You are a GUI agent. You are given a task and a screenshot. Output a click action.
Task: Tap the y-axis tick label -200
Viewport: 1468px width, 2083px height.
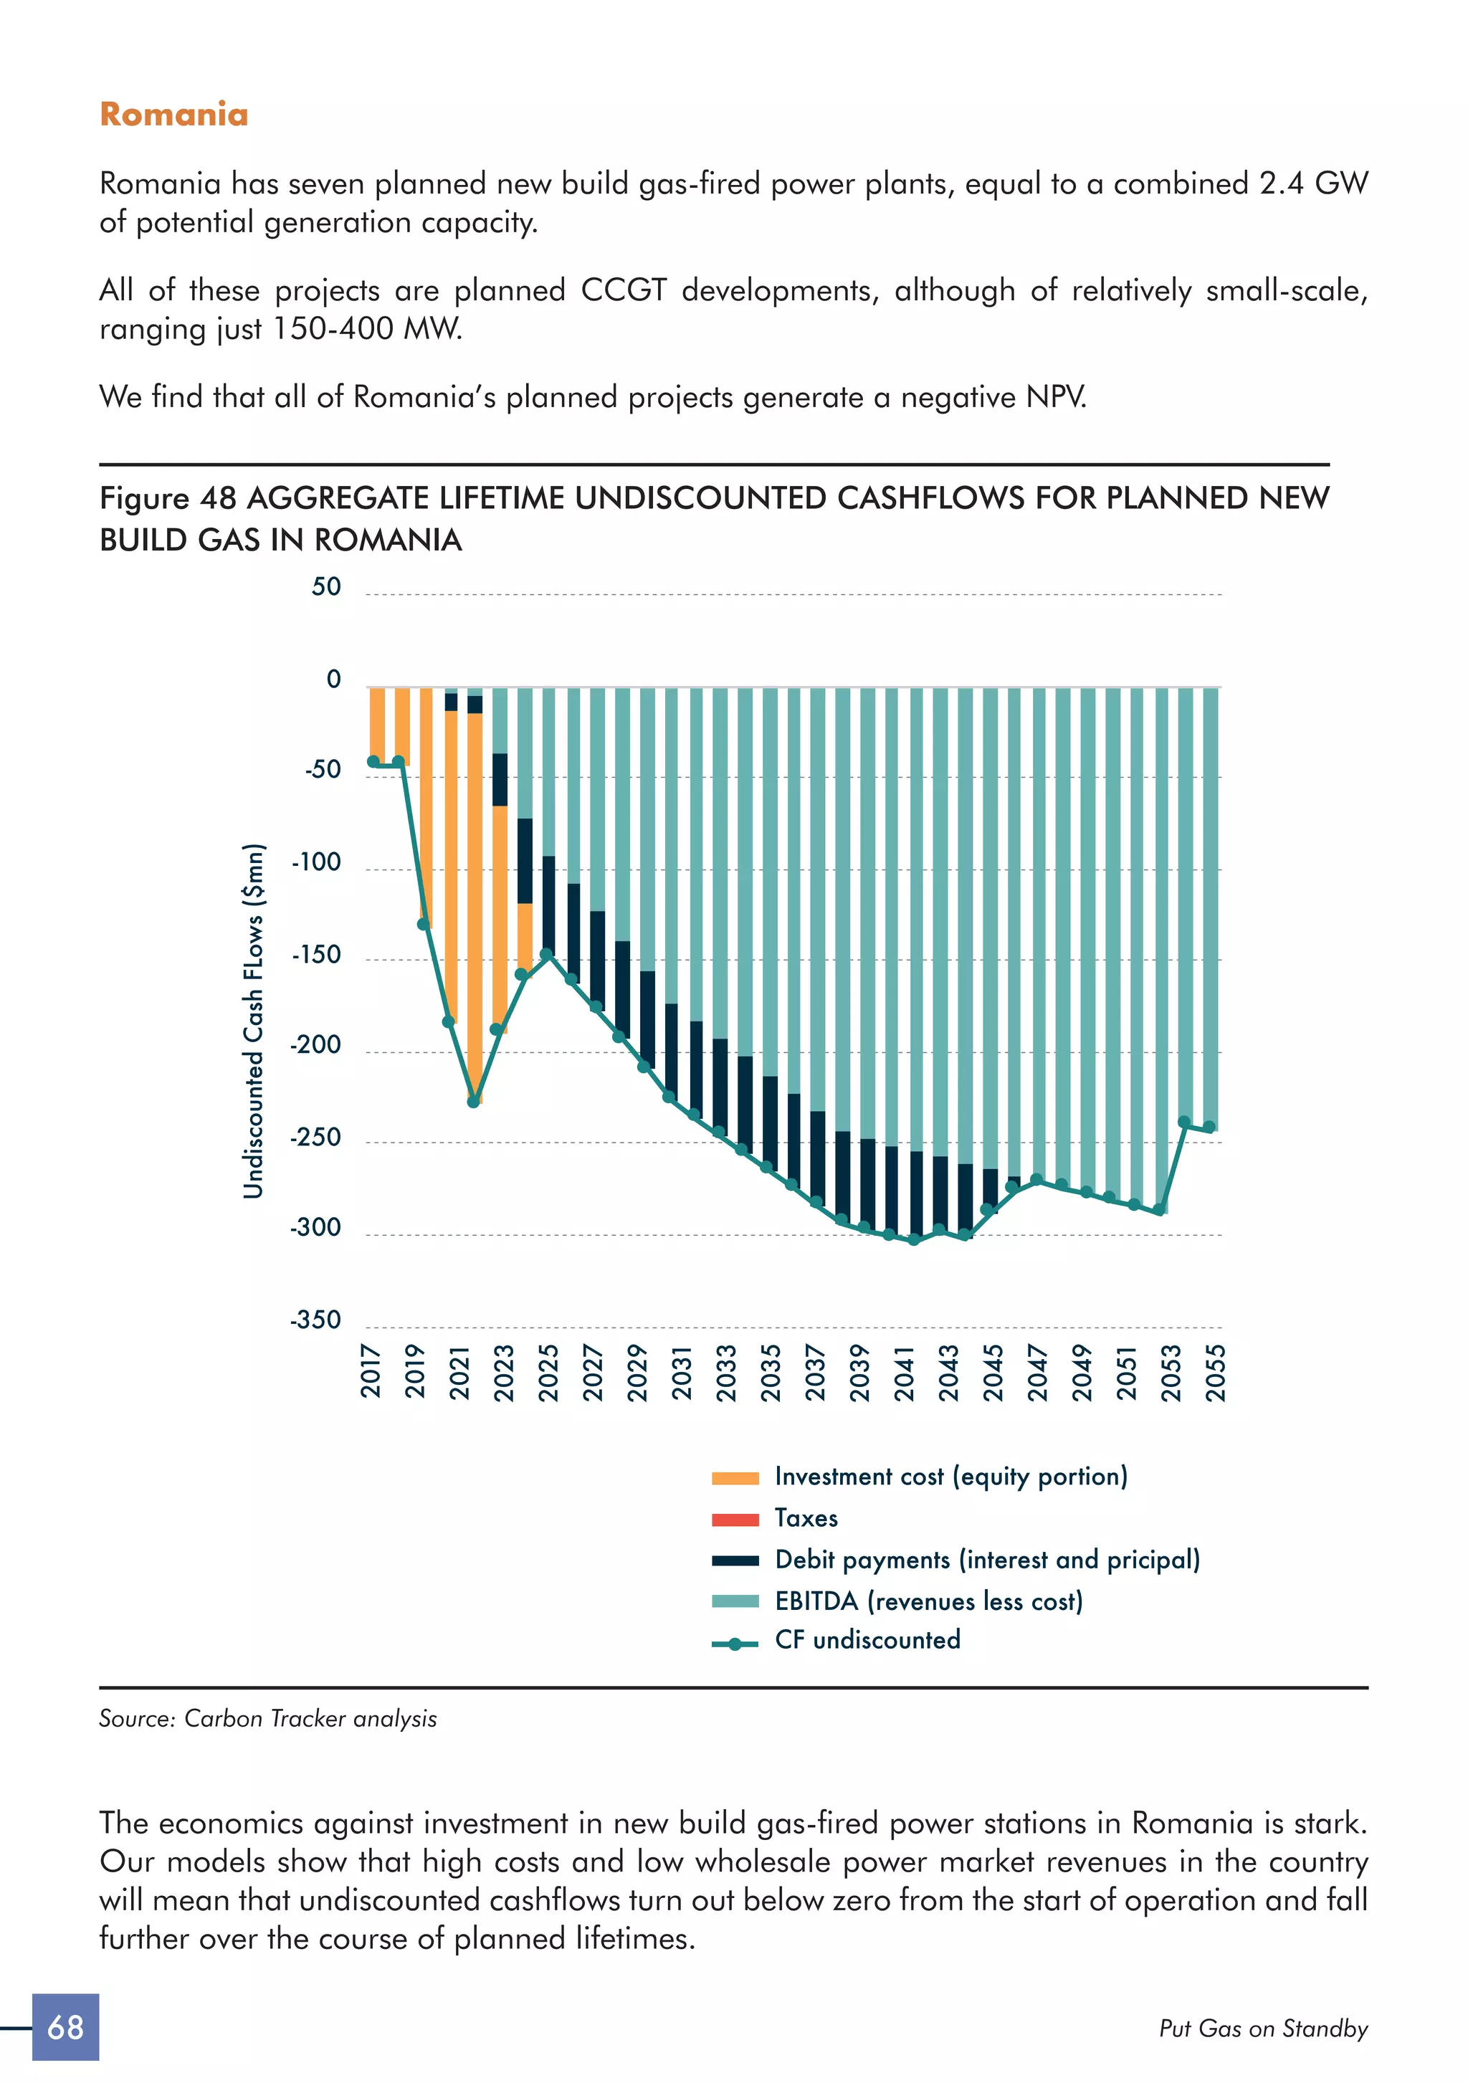pyautogui.click(x=315, y=1045)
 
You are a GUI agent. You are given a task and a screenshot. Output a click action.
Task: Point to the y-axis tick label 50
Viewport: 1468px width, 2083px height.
pyautogui.click(x=327, y=587)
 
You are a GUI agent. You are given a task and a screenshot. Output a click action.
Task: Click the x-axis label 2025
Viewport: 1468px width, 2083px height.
pyautogui.click(x=548, y=1373)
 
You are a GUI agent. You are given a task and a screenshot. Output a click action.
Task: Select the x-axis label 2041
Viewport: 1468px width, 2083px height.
pyautogui.click(x=904, y=1373)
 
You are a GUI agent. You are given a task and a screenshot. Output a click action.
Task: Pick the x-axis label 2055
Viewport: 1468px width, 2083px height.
pyautogui.click(x=1215, y=1373)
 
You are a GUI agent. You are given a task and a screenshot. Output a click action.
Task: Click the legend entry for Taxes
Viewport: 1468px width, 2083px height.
pyautogui.click(x=806, y=1519)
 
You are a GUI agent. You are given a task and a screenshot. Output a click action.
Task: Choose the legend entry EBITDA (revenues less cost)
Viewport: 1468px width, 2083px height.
pyautogui.click(x=928, y=1601)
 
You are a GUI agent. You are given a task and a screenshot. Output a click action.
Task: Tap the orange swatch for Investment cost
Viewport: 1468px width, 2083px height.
pyautogui.click(x=735, y=1479)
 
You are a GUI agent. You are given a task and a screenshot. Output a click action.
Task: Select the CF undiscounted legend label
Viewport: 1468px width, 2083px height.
pyautogui.click(x=867, y=1640)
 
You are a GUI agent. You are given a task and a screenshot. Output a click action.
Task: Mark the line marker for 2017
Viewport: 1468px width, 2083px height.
pyautogui.click(x=373, y=761)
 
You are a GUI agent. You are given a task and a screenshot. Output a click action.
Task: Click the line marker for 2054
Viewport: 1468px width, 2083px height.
pyautogui.click(x=1184, y=1122)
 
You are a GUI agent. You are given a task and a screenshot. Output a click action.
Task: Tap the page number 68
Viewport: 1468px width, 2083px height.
pyautogui.click(x=65, y=2027)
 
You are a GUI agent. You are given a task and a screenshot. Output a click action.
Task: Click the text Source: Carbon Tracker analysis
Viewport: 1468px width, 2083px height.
pyautogui.click(x=267, y=1718)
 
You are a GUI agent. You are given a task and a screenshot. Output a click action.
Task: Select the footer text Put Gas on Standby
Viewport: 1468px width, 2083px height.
pyautogui.click(x=1263, y=2029)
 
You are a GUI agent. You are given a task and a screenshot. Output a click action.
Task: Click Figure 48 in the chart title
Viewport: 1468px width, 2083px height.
pyautogui.click(x=168, y=498)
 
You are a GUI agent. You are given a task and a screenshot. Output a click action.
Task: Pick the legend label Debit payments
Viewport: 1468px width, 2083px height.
pyautogui.click(x=987, y=1560)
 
